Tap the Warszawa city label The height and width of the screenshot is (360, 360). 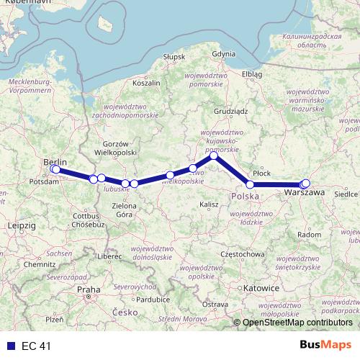pos(303,194)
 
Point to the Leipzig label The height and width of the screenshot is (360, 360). pos(21,226)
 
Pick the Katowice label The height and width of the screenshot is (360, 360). pos(261,287)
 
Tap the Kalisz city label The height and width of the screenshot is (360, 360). pos(210,205)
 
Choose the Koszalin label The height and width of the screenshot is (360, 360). pos(146,84)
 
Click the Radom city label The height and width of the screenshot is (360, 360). pos(310,235)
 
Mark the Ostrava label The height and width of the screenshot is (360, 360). pos(214,305)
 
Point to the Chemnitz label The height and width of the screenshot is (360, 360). pos(39,264)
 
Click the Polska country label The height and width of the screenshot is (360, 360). pos(245,197)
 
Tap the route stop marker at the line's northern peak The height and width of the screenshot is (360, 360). pos(213,156)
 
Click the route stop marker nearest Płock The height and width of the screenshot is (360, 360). pos(250,185)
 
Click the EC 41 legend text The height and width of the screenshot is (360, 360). pos(35,346)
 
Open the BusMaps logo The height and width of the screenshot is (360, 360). pos(325,346)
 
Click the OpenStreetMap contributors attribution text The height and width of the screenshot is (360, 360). pos(297,322)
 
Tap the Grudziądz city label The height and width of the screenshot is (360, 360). pos(230,112)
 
